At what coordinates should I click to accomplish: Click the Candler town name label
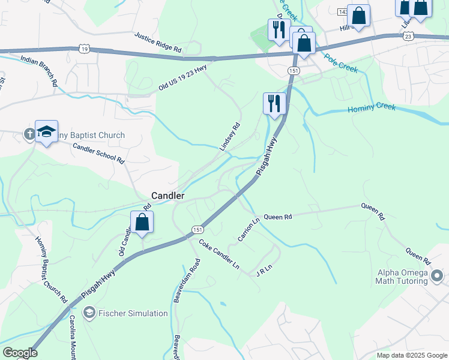pyautogui.click(x=167, y=196)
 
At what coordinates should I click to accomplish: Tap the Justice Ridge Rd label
pyautogui.click(x=158, y=42)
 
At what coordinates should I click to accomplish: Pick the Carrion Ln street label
pyautogui.click(x=248, y=230)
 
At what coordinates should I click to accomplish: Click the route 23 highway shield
pyautogui.click(x=408, y=36)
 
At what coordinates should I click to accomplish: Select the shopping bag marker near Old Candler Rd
pyautogui.click(x=142, y=223)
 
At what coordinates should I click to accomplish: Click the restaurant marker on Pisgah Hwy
pyautogui.click(x=274, y=103)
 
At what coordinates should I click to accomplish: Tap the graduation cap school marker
pyautogui.click(x=46, y=132)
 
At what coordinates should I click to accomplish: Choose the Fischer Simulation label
pyautogui.click(x=132, y=313)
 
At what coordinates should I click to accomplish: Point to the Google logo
pyautogui.click(x=20, y=353)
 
